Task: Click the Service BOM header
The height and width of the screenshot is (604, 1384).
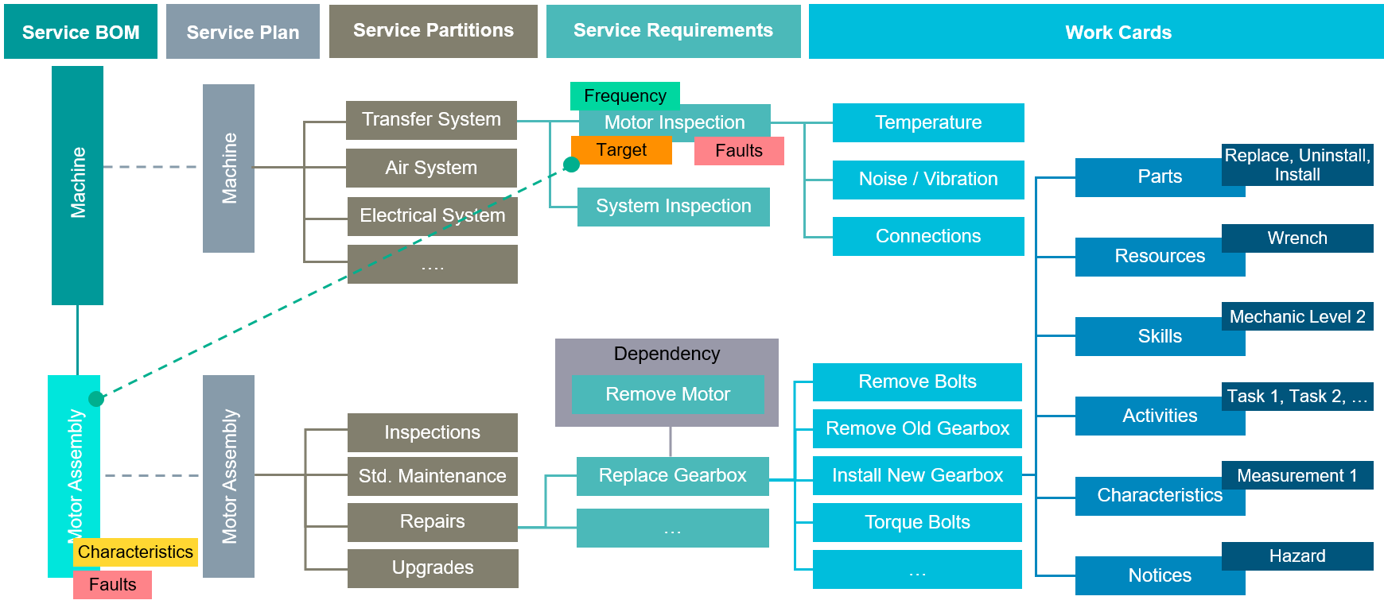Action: [80, 32]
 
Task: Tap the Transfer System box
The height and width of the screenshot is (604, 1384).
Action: [431, 120]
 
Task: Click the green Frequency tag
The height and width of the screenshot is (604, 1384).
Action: [624, 95]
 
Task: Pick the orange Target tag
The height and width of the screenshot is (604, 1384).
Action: [621, 150]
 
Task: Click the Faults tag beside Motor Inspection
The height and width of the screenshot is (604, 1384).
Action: [738, 151]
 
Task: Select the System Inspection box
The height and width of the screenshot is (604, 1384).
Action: [673, 207]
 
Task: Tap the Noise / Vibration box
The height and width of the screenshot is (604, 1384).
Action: [927, 180]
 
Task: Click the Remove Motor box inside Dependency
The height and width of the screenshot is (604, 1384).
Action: [667, 394]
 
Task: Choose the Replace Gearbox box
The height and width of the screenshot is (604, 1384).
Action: [672, 476]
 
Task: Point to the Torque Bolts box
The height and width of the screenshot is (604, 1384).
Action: [916, 522]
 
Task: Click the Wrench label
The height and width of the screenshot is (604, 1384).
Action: [1297, 238]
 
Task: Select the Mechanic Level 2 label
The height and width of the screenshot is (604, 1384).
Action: [1297, 316]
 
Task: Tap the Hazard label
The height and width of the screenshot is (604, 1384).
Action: [1297, 556]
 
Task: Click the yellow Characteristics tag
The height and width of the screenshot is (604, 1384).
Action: [135, 552]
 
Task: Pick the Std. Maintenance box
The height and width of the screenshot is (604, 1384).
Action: [432, 476]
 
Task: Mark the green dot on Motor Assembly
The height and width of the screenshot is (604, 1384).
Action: [96, 399]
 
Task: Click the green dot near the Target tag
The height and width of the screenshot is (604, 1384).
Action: [571, 165]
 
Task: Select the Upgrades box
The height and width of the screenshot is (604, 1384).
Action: [432, 568]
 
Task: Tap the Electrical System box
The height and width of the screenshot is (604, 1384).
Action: [432, 216]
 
